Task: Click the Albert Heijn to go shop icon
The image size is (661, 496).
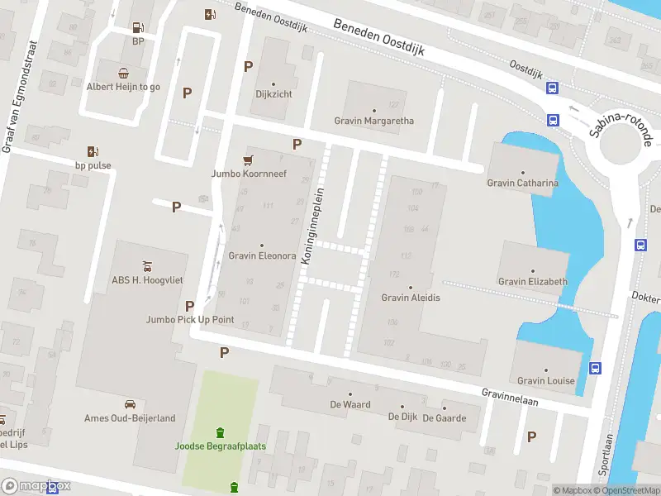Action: pyautogui.click(x=123, y=72)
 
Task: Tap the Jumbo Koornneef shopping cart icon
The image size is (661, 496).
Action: pyautogui.click(x=247, y=160)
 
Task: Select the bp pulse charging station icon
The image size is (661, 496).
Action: pyautogui.click(x=93, y=151)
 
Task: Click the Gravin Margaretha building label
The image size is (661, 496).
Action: pyautogui.click(x=373, y=121)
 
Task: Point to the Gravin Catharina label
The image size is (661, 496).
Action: pyautogui.click(x=522, y=183)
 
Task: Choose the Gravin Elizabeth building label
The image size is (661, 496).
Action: pyautogui.click(x=532, y=281)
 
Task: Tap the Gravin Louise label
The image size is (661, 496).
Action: pyautogui.click(x=545, y=380)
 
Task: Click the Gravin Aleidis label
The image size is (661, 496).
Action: pyautogui.click(x=411, y=298)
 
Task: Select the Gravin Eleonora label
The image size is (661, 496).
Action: pyautogui.click(x=262, y=255)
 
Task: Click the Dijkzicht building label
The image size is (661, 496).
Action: pyautogui.click(x=273, y=94)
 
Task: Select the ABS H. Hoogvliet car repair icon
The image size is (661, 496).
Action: pyautogui.click(x=146, y=265)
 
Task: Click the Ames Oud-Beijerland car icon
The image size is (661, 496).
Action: pyautogui.click(x=130, y=404)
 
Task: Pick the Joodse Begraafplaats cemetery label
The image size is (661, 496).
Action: pyautogui.click(x=219, y=446)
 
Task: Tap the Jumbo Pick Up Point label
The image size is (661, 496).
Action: pyautogui.click(x=190, y=319)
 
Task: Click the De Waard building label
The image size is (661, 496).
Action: pyautogui.click(x=350, y=405)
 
